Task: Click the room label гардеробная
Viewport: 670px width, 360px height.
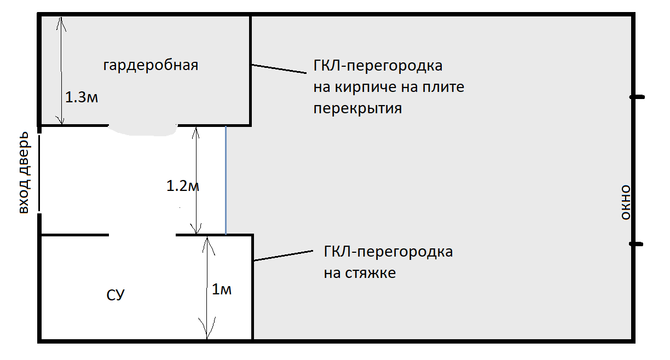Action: pos(151,66)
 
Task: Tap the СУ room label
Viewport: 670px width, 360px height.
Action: pos(115,295)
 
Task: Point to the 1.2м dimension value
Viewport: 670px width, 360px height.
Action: pos(182,187)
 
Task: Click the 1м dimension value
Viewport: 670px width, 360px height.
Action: pos(222,290)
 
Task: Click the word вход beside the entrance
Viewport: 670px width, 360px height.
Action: pos(24,202)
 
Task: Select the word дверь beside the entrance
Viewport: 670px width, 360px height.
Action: pos(24,159)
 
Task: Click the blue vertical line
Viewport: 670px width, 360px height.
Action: pos(226,181)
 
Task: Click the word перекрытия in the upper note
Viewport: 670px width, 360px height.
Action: pos(357,108)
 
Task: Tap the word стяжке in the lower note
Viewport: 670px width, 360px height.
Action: pos(372,272)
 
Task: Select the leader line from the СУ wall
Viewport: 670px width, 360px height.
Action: pos(284,256)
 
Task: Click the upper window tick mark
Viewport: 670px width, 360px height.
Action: pos(636,97)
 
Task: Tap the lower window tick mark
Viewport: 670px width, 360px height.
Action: pos(636,245)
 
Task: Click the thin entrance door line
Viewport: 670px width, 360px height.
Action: pos(39,172)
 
